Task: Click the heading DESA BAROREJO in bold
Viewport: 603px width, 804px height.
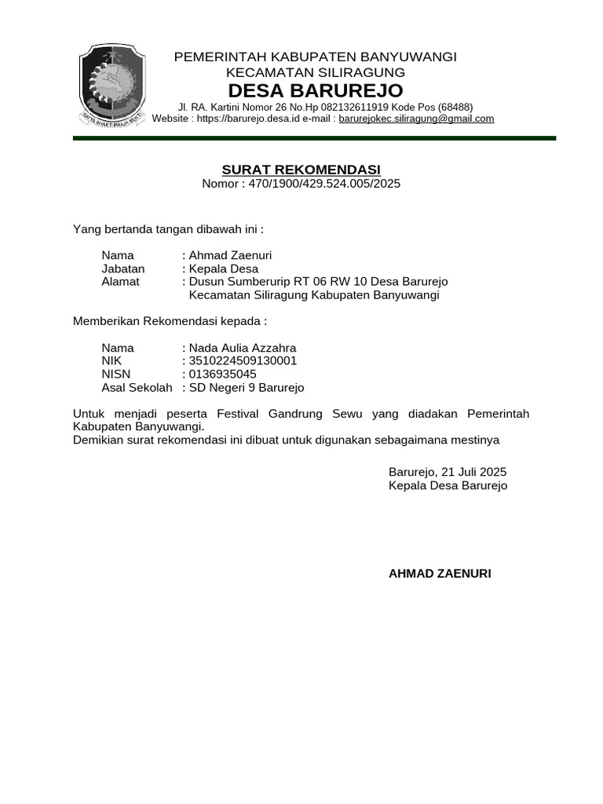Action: tap(315, 90)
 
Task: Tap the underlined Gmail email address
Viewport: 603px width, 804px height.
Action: tap(416, 119)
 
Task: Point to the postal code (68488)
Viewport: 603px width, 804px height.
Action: tap(455, 108)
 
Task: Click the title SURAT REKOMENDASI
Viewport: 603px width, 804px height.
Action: tap(301, 170)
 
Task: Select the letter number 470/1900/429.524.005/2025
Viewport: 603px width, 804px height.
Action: tap(324, 184)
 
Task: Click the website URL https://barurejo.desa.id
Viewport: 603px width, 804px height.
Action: tap(261, 119)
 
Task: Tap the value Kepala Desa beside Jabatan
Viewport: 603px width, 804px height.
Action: tap(224, 269)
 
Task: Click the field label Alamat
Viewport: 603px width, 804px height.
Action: tap(120, 282)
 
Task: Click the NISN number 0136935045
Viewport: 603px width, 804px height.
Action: tap(223, 375)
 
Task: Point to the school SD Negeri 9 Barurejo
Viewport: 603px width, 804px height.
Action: tap(247, 388)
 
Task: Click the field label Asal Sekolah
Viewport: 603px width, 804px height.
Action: tap(137, 388)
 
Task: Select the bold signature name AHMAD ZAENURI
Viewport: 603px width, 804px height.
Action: tap(440, 574)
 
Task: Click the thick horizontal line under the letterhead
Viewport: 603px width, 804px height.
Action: tap(314, 138)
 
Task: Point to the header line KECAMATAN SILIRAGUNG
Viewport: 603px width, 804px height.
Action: tap(315, 72)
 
